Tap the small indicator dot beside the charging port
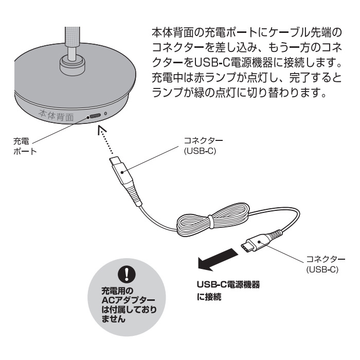[x=105, y=114]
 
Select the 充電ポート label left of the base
[x=23, y=143]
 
